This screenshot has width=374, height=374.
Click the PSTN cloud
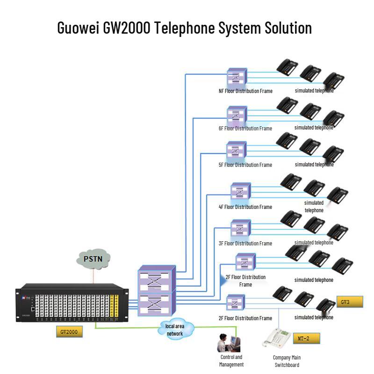pos(93,258)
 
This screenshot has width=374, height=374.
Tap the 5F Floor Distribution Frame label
pos(245,165)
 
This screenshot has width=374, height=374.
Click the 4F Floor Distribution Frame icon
pos(240,192)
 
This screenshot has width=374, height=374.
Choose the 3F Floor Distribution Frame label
pos(245,244)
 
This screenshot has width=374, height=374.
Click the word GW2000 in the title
pos(123,28)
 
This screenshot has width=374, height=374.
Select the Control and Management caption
pos(231,361)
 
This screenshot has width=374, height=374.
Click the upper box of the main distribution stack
pos(157,280)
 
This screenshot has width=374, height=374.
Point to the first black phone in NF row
pos(287,67)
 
